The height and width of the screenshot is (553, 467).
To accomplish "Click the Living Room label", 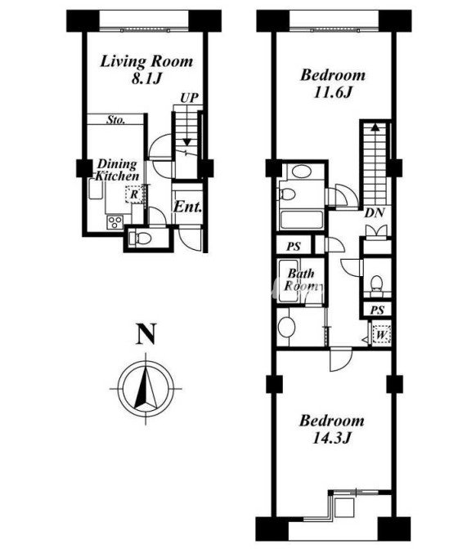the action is pos(146,61).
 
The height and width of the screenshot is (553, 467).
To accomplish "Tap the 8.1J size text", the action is pos(146,79).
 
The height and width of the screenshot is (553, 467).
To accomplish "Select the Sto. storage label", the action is pos(116,120).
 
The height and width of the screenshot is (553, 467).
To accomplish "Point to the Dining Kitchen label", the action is pos(117,170).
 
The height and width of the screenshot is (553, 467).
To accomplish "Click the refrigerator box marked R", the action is pos(134,194).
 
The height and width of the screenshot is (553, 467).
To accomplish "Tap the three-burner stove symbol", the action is pos(115,222).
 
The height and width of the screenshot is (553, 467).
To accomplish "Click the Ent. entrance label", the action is pos(187,207).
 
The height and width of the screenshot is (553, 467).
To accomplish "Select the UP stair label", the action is pos(190,98).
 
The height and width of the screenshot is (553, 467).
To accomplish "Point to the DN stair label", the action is pos(375,213).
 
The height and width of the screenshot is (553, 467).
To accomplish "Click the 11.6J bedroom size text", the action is pos(332,93).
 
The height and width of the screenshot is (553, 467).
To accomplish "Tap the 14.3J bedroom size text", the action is pos(331,439).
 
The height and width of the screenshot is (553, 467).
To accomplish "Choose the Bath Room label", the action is pos(302,279).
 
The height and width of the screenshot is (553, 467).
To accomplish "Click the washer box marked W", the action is pos(380,334).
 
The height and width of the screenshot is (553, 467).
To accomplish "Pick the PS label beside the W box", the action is pos(377,310).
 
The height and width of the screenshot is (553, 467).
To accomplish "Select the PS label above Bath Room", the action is pos(294,247).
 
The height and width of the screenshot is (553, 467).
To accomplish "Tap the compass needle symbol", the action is pos(146,388).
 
